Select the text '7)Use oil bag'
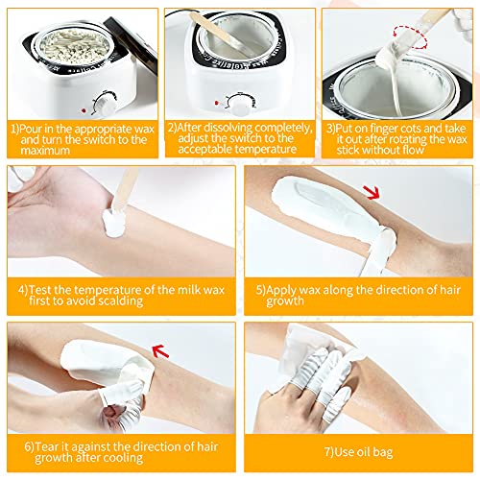[x=357, y=450]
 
